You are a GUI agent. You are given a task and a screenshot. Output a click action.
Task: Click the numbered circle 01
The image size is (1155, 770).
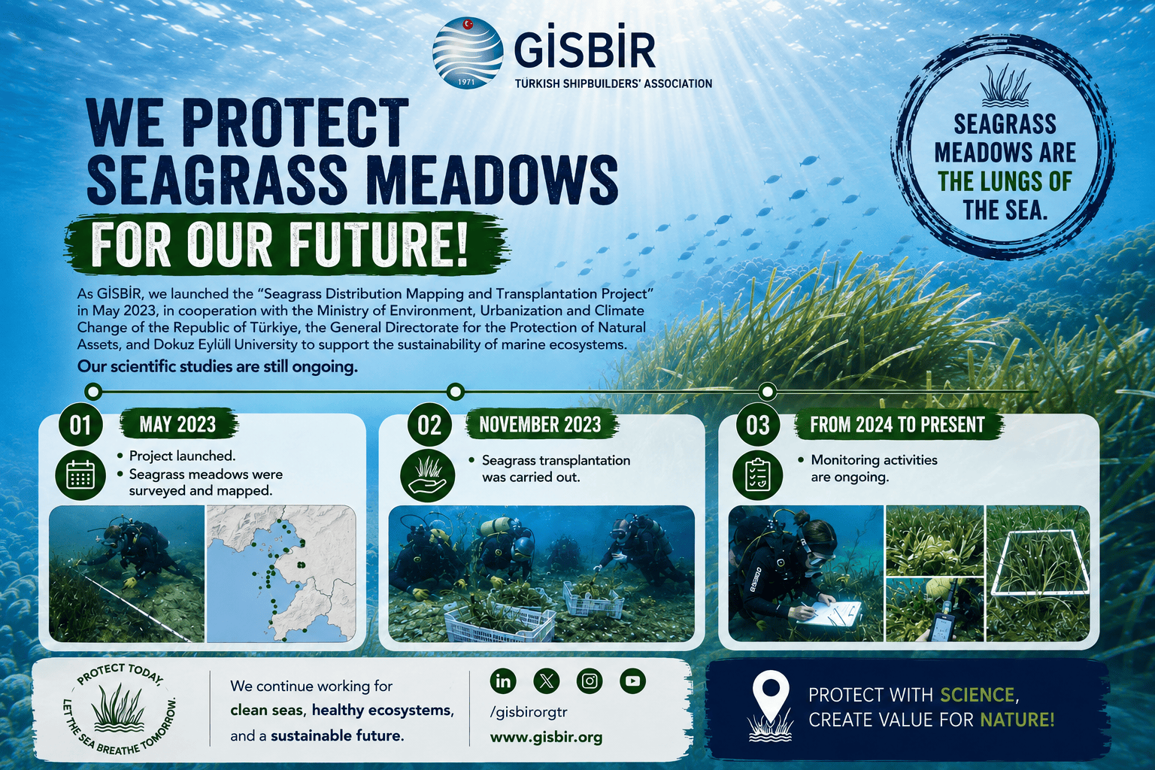[x=80, y=426]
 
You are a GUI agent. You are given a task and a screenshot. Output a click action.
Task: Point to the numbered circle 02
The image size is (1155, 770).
[x=429, y=426]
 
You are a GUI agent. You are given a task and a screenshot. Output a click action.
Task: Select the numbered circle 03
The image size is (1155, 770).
[x=758, y=426]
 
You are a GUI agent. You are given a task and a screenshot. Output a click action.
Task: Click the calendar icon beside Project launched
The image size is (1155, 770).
[x=80, y=475]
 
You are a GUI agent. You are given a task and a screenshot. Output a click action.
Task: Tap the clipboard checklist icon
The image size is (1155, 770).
[x=758, y=475]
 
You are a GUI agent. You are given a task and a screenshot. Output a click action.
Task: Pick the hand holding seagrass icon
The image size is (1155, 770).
[x=427, y=475]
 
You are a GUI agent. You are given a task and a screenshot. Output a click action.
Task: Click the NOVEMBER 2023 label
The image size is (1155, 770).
[x=541, y=424]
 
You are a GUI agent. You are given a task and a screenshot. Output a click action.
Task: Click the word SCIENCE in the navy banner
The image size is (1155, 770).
[x=977, y=695]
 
